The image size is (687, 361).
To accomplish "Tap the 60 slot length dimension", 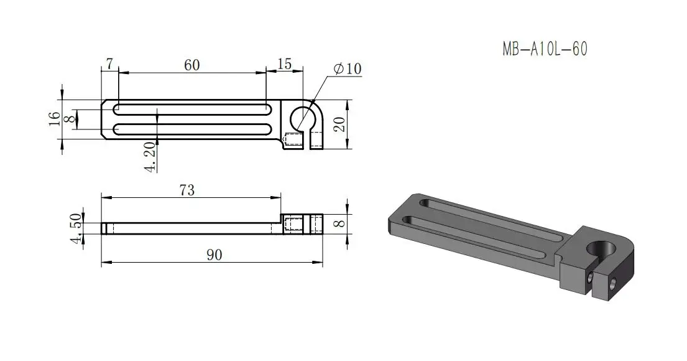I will click(x=191, y=65).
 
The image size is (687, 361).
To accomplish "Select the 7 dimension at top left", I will click(x=109, y=64).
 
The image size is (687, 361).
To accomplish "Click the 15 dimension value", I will click(x=285, y=64).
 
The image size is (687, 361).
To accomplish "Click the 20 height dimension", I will click(x=339, y=124).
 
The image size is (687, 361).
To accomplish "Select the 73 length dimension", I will click(x=187, y=190).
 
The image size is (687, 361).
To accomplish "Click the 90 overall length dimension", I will click(x=213, y=255).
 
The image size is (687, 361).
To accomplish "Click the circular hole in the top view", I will click(x=303, y=117).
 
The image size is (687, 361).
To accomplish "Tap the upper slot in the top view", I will click(x=191, y=108).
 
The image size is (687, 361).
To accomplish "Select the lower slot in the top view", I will click(x=191, y=130).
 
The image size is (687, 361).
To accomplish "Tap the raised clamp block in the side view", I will click(x=302, y=223).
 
